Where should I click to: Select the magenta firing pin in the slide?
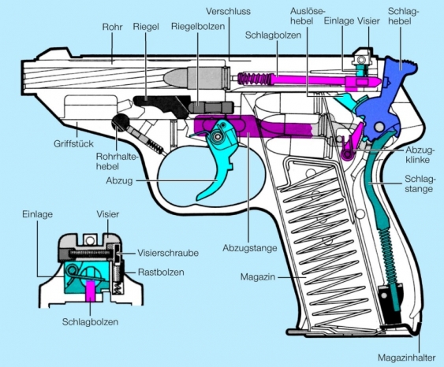coord(292,80)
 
